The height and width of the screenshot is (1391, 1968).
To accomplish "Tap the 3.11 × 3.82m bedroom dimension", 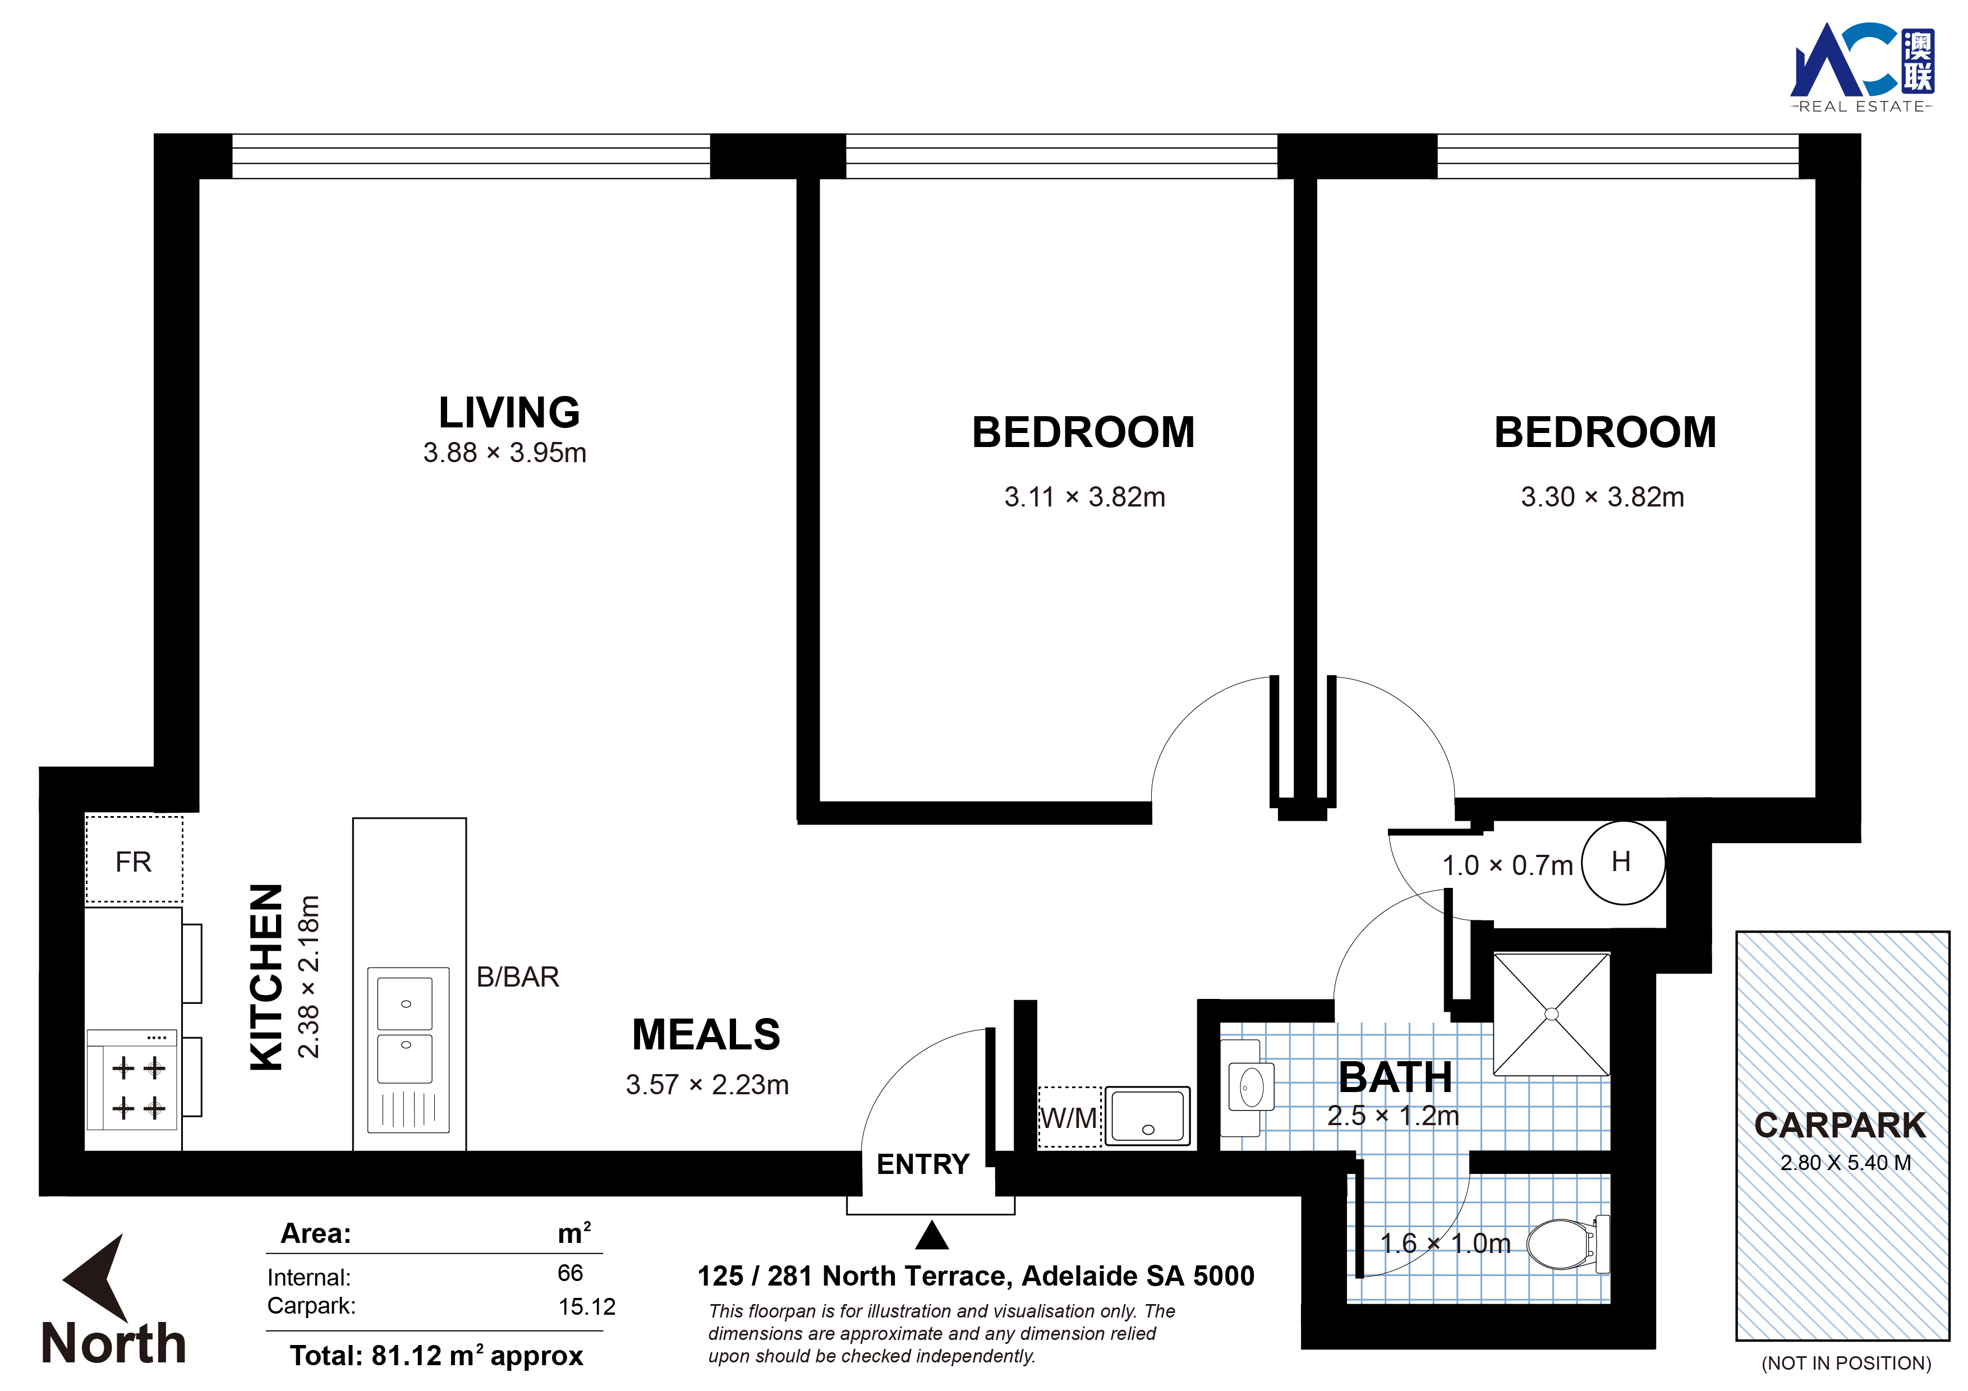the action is [1084, 497].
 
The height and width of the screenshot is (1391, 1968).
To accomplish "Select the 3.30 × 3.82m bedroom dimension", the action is [1602, 497].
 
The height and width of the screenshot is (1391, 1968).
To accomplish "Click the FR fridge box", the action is [134, 860].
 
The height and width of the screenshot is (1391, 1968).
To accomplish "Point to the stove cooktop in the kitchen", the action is [133, 1080].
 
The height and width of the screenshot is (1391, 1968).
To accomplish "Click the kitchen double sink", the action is [408, 1050].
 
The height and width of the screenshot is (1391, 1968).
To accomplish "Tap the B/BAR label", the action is [518, 977].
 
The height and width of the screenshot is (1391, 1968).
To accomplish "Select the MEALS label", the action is [706, 1034].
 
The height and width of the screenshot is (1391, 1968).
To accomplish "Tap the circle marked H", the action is [1622, 862].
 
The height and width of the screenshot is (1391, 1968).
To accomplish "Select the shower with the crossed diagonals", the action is [1551, 1014].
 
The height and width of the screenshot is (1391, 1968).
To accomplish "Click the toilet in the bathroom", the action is [1567, 1243].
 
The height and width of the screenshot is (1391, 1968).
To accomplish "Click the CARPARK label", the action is [1840, 1125].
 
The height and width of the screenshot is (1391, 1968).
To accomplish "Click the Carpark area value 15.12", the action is [587, 1307].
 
